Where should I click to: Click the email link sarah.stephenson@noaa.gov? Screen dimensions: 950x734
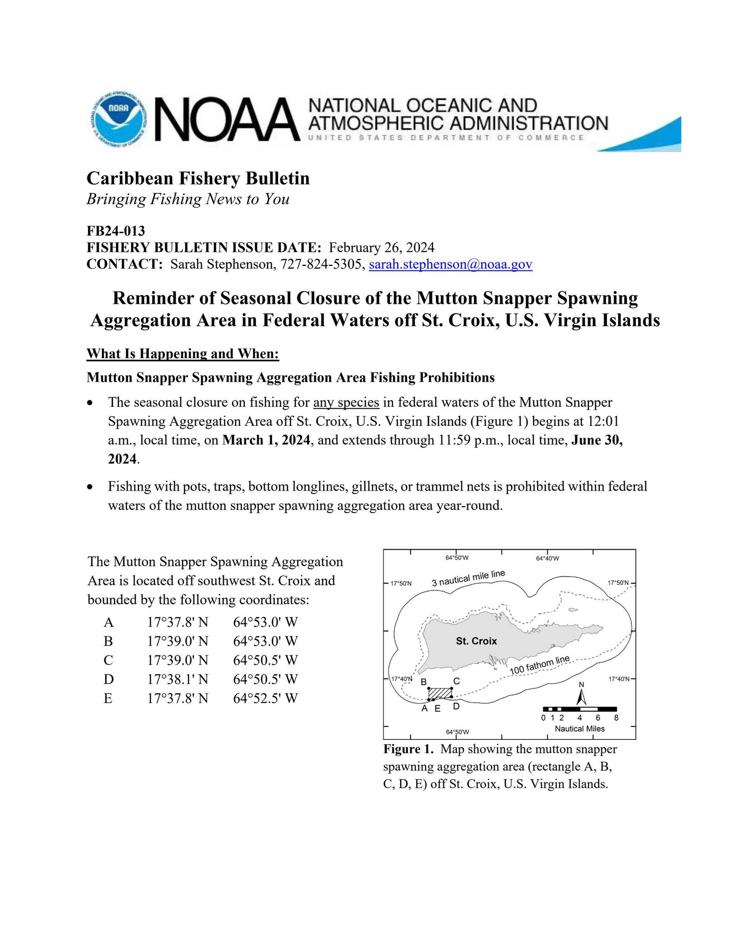coord(450,264)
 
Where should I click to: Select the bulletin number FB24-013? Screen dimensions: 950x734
coord(116,231)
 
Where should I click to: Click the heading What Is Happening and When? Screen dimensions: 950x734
coord(183,354)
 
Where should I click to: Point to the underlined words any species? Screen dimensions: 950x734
coord(346,402)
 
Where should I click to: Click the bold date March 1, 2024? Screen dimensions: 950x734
coord(266,440)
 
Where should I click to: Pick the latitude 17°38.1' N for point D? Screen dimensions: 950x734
coord(178,679)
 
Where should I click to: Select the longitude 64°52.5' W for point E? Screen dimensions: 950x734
coord(265,698)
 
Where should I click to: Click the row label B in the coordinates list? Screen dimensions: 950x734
coord(109,641)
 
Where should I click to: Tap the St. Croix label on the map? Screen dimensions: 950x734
coord(476,641)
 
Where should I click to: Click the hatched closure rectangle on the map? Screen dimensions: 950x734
coord(440,693)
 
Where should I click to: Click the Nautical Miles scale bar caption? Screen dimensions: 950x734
coord(580,729)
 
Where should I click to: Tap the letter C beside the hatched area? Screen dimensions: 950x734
coord(456,681)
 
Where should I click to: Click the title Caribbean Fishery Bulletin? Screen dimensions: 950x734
coord(198,178)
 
